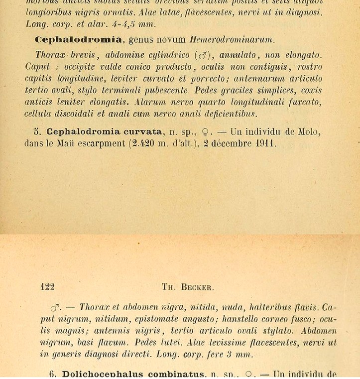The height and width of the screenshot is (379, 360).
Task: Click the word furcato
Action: pos(305,103)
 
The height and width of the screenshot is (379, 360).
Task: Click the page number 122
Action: pos(47,287)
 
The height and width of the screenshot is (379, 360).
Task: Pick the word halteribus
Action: pos(274,307)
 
